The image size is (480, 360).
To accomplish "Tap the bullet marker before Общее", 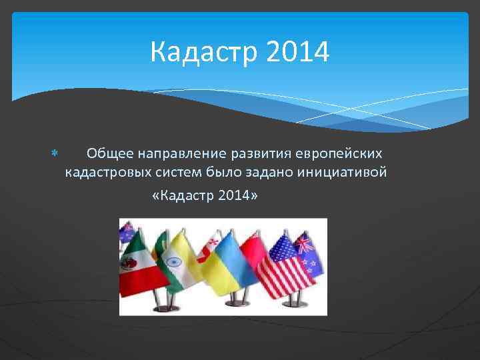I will (x=55, y=154).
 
